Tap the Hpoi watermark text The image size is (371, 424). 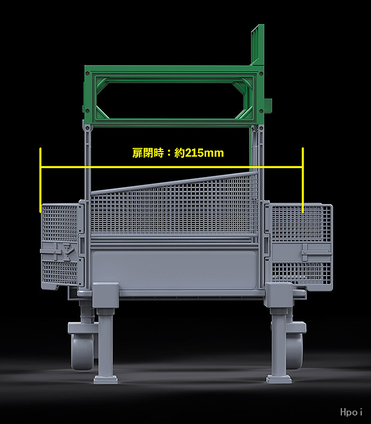pyautogui.click(x=351, y=412)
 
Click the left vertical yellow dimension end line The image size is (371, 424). pyautogui.click(x=40, y=180)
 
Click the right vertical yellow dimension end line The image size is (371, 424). pyautogui.click(x=303, y=180)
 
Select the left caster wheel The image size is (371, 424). pyautogui.click(x=82, y=351)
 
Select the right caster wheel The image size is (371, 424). pyautogui.click(x=295, y=351)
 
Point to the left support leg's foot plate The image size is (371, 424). pyautogui.click(x=105, y=379)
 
